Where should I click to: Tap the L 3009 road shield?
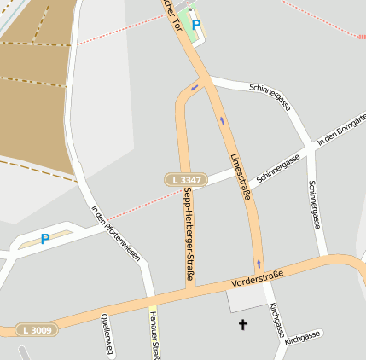37,329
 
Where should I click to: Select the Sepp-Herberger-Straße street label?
188,234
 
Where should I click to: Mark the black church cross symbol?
242,324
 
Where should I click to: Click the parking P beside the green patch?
196,25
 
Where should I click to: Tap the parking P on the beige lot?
45,239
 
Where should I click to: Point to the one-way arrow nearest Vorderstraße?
258,263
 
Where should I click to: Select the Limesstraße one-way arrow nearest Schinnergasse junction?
222,120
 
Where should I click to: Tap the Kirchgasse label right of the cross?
303,338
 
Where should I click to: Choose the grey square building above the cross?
247,299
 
